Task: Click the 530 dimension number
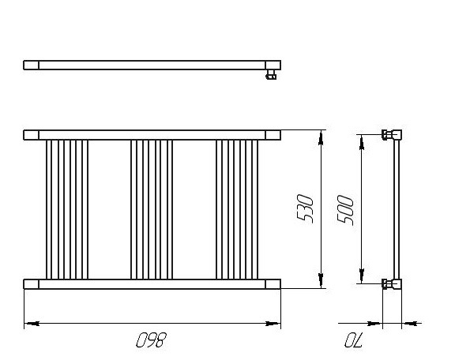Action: [x=305, y=209]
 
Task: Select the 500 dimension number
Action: [x=346, y=210]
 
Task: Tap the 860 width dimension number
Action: [x=152, y=340]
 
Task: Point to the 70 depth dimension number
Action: [x=354, y=340]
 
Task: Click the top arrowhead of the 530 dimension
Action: [x=321, y=138]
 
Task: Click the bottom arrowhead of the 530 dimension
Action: [x=321, y=281]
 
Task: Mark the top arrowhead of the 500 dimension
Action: [x=362, y=142]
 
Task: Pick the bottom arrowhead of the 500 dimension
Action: [x=362, y=276]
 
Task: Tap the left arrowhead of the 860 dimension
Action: [x=32, y=323]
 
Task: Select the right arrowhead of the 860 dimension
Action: [x=273, y=323]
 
